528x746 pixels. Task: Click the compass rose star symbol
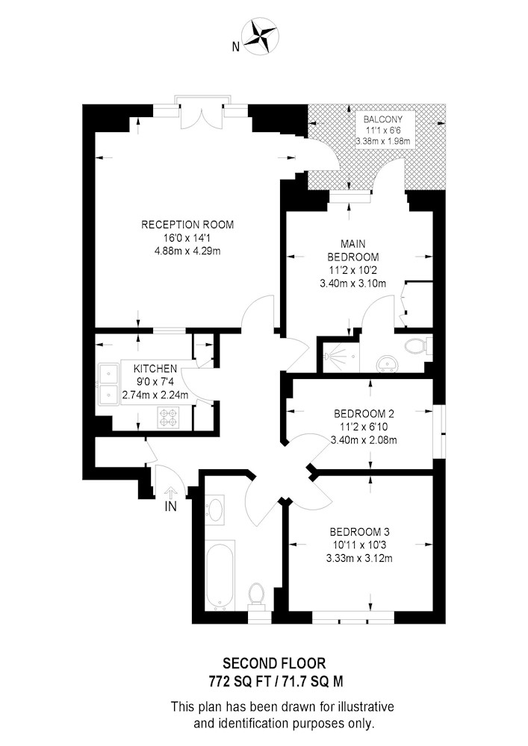tap(260, 36)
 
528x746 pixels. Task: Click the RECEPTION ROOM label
tap(187, 225)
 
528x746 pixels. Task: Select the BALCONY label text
tap(383, 119)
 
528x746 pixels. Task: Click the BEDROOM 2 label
tap(364, 413)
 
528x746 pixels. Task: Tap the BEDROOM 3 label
tap(359, 531)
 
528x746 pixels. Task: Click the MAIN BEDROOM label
tap(352, 250)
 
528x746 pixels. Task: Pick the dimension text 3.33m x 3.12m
tap(359, 558)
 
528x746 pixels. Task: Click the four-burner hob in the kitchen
tap(167, 418)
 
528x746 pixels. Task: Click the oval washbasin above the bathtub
tap(217, 510)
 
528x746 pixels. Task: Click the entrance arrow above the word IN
tap(170, 492)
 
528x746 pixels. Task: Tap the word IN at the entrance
tap(170, 507)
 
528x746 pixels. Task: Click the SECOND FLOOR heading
tap(275, 662)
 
